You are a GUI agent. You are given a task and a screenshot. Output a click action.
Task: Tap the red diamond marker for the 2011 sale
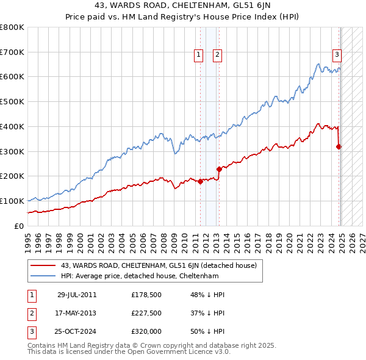[200, 181]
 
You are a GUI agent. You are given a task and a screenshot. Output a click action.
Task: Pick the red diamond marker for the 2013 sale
[219, 169]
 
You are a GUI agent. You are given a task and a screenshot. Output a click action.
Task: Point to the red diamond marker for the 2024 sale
[339, 146]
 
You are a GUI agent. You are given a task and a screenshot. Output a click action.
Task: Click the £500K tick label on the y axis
[13, 102]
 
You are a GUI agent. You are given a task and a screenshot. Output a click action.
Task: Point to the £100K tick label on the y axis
[13, 201]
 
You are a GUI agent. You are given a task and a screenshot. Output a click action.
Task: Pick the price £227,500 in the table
[146, 314]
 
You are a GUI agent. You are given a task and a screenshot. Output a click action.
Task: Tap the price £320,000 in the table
[146, 333]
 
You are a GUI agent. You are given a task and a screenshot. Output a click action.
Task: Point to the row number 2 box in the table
[30, 314]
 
